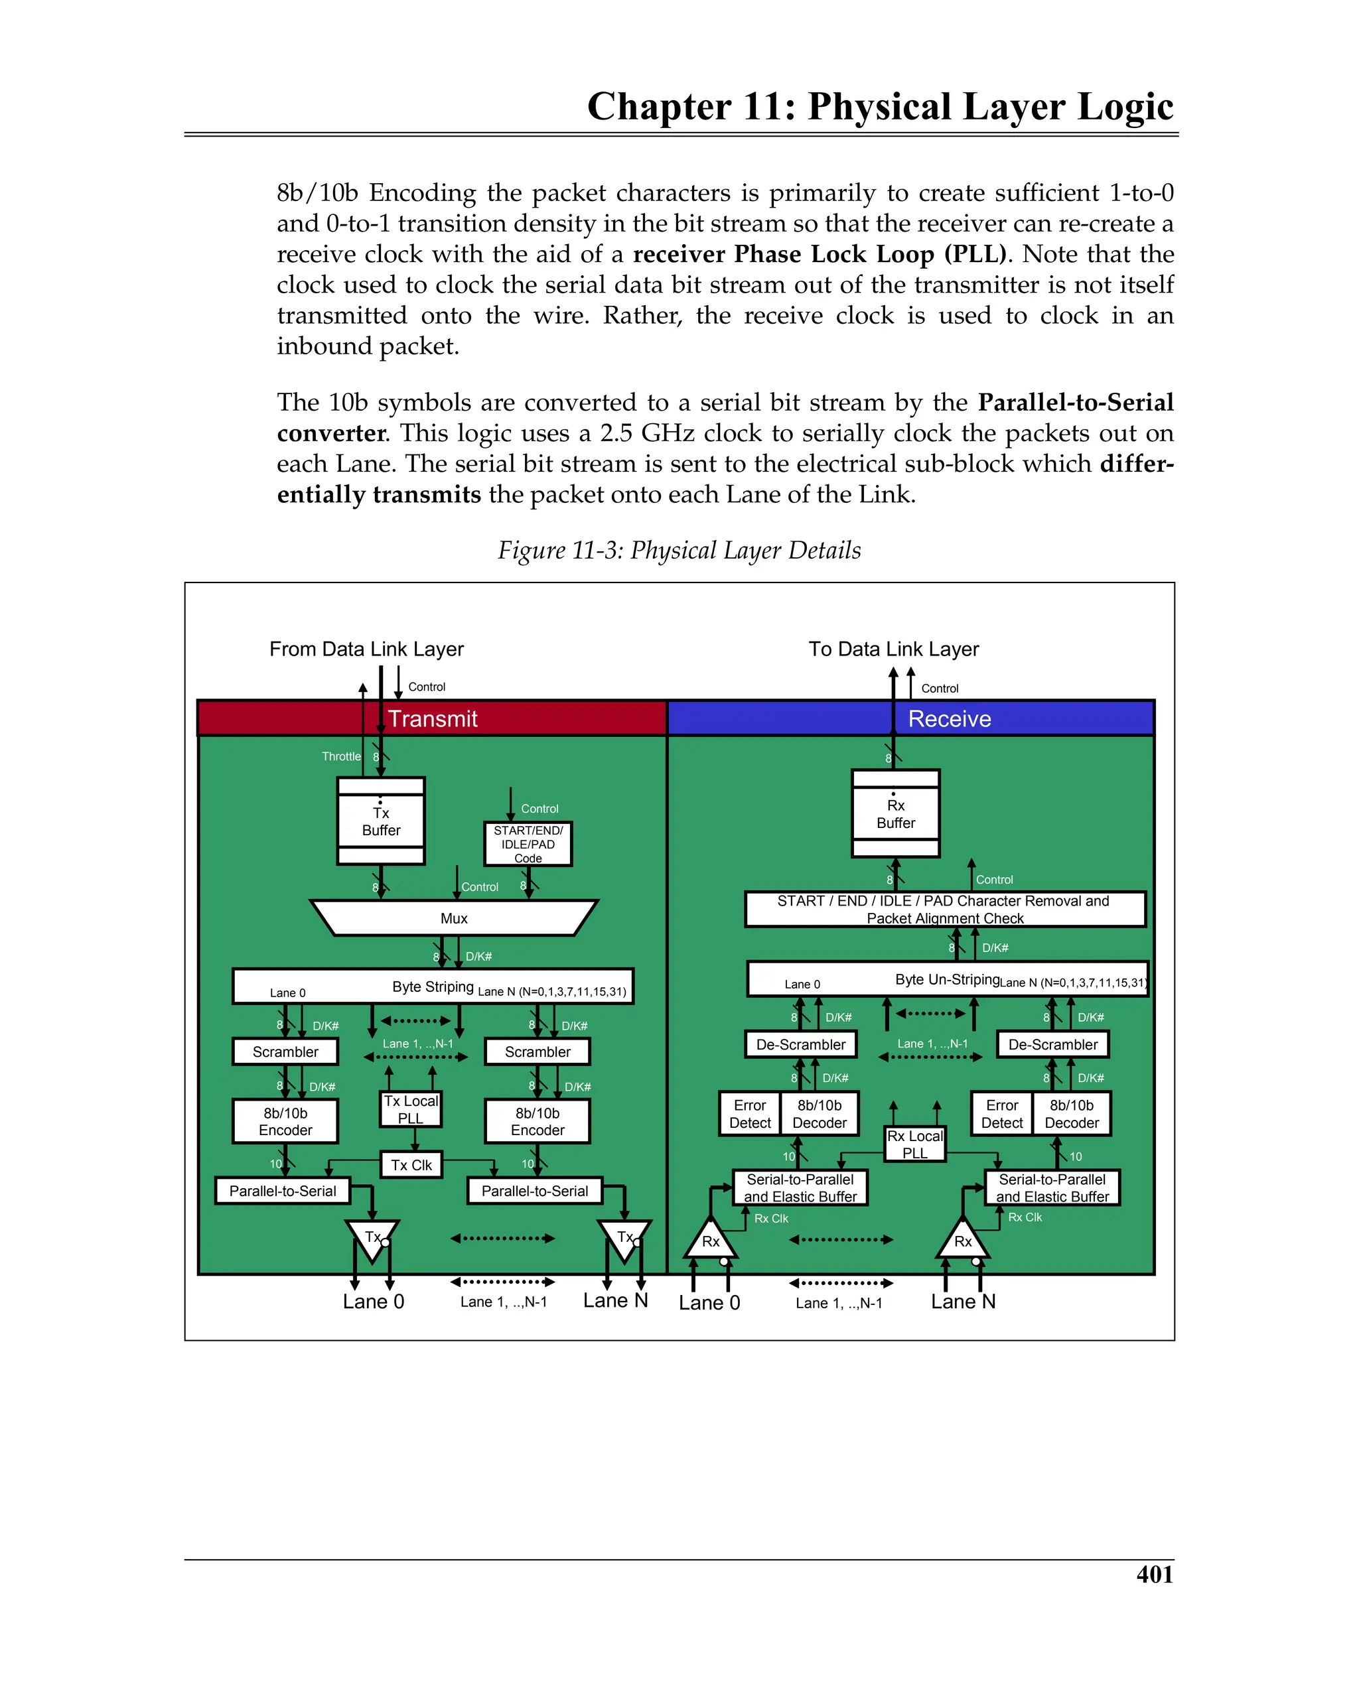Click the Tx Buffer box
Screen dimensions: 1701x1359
pyautogui.click(x=380, y=821)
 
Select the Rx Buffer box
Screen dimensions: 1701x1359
pyautogui.click(x=895, y=813)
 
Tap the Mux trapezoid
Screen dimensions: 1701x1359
pyautogui.click(x=454, y=918)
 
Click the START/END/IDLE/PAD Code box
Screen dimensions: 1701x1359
pyautogui.click(x=528, y=844)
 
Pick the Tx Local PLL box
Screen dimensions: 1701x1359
pyautogui.click(x=410, y=1109)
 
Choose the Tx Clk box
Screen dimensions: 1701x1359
pyautogui.click(x=411, y=1166)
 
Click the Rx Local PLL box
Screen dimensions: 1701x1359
pyautogui.click(x=914, y=1144)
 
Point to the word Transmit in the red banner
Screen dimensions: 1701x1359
pyautogui.click(x=433, y=718)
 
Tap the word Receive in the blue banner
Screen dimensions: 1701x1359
pyautogui.click(x=950, y=718)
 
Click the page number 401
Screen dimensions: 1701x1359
pyautogui.click(x=1154, y=1574)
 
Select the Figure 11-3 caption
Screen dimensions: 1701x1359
pyautogui.click(x=679, y=550)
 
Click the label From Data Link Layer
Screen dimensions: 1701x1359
pyautogui.click(x=366, y=649)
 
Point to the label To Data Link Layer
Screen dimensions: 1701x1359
pyautogui.click(x=893, y=649)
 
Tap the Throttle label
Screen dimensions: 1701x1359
pyautogui.click(x=341, y=756)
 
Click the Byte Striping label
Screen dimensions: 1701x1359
pyautogui.click(x=433, y=987)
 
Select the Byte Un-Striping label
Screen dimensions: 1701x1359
pyautogui.click(x=947, y=979)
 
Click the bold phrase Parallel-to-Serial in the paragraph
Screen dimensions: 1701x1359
pyautogui.click(x=1076, y=403)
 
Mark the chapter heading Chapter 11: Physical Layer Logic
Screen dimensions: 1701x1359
pyautogui.click(x=880, y=107)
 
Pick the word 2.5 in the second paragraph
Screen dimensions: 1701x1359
pyautogui.click(x=616, y=433)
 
